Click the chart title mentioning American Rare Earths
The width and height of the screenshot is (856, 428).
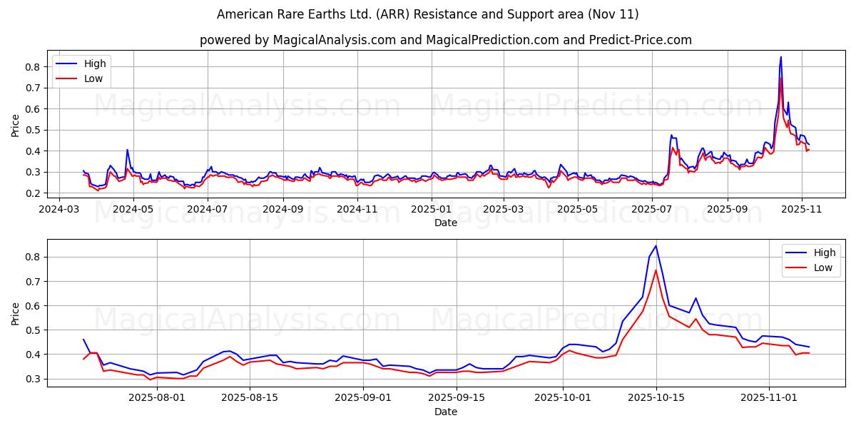coord(427,14)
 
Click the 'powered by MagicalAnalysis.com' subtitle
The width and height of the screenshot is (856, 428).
coord(445,40)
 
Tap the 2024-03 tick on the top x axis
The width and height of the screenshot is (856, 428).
coord(58,210)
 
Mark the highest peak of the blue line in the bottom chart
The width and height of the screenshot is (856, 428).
coord(656,246)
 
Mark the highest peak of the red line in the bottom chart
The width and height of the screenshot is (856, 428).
coord(656,270)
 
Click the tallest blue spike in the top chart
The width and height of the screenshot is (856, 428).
coord(780,57)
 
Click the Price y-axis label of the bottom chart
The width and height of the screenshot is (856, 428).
coord(16,313)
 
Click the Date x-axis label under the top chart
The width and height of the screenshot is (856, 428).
coord(445,223)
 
